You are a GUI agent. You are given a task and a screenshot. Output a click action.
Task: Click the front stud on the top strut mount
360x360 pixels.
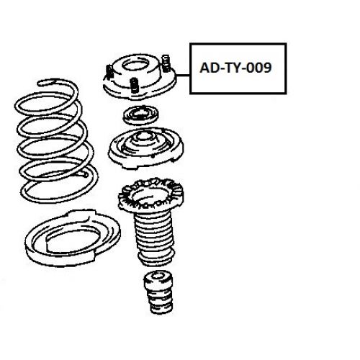pos(135,85)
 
